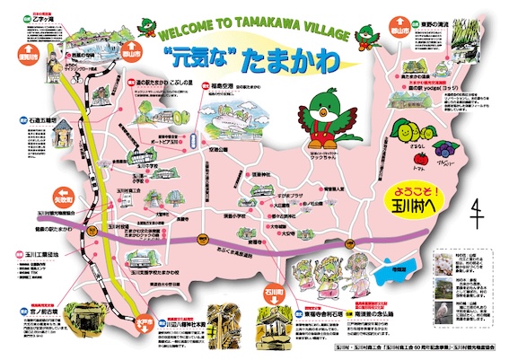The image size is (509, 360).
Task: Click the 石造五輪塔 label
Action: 43,119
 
